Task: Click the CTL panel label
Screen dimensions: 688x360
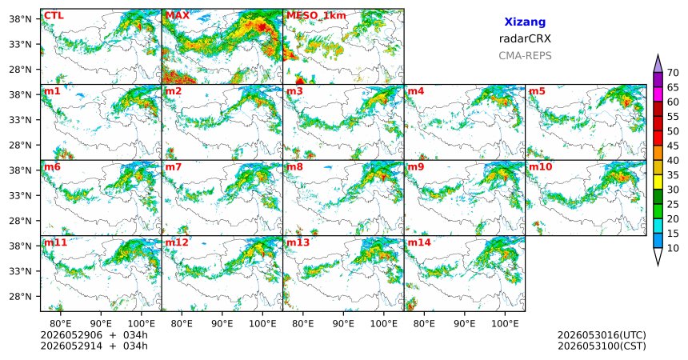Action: (x=54, y=16)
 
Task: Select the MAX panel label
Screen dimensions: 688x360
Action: (x=178, y=16)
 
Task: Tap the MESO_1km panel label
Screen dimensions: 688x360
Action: (x=316, y=16)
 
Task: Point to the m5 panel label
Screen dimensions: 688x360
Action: (x=537, y=91)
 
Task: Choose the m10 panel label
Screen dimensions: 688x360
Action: (x=540, y=167)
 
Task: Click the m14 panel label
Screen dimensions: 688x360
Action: (x=419, y=242)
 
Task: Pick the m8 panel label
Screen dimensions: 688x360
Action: (x=295, y=167)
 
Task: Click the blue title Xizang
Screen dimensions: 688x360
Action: (x=525, y=22)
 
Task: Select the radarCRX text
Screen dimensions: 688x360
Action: (x=525, y=38)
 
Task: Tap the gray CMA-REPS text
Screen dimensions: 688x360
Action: (x=525, y=56)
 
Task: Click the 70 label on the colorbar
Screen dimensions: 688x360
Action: (x=673, y=73)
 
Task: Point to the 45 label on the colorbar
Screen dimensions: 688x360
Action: (x=673, y=146)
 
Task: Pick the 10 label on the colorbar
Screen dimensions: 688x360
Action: (x=673, y=248)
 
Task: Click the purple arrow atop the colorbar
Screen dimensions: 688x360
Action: (x=658, y=64)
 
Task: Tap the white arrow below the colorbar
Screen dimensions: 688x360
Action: (x=658, y=256)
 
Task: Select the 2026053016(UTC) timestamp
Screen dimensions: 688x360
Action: (x=602, y=335)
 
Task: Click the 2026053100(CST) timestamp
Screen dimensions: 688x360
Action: (x=602, y=346)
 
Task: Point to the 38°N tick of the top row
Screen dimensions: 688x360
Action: (x=20, y=19)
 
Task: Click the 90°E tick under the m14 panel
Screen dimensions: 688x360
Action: (x=465, y=323)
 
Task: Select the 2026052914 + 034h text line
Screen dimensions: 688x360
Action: (x=94, y=346)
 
